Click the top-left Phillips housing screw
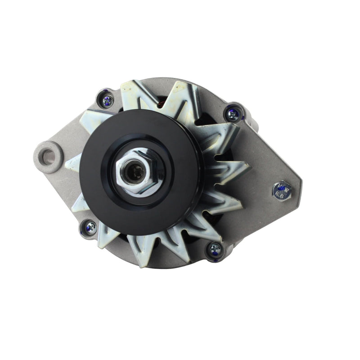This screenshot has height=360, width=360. click(107, 101)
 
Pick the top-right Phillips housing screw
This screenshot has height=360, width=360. click(233, 114)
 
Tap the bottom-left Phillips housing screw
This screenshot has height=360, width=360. click(90, 228)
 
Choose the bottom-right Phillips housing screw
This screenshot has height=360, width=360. click(215, 248)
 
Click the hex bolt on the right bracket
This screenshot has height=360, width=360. click(282, 190)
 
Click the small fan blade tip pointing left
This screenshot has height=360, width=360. click(72, 163)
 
